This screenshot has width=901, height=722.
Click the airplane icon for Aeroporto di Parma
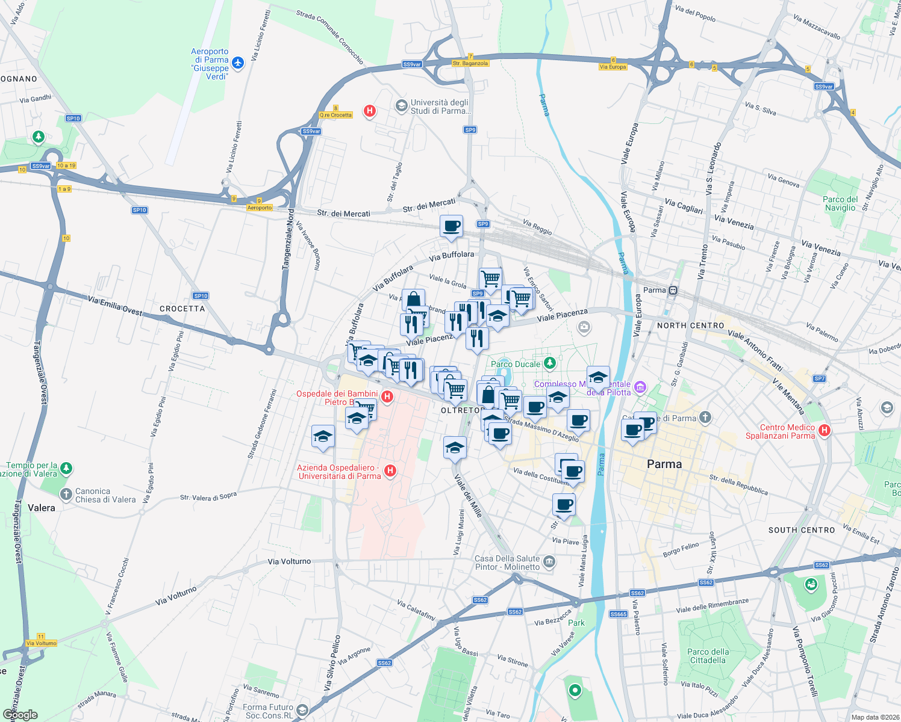point(238,63)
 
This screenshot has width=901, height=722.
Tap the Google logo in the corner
point(20,715)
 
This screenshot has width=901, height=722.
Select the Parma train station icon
point(673,291)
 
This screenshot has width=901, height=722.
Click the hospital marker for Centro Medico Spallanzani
point(825,430)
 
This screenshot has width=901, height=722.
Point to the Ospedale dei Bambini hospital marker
point(387,396)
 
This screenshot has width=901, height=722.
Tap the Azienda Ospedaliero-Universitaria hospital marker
point(390,471)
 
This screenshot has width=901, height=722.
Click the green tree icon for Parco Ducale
point(549,363)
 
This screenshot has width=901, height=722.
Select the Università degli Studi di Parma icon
point(401,106)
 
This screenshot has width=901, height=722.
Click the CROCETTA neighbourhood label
point(182,309)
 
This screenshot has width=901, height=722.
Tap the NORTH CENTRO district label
point(690,326)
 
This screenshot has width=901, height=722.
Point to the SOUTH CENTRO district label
point(801,530)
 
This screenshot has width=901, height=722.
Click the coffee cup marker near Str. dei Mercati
point(451,227)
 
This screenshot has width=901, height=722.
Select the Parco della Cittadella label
point(708,656)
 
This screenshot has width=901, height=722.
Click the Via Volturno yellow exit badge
point(42,643)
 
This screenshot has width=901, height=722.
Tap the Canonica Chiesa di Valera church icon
point(66,495)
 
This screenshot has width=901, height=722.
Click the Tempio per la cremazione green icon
point(66,468)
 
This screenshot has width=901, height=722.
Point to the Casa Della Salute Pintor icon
point(549,562)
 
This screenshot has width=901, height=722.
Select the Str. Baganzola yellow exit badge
point(470,63)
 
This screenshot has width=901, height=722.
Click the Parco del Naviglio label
point(840,203)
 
